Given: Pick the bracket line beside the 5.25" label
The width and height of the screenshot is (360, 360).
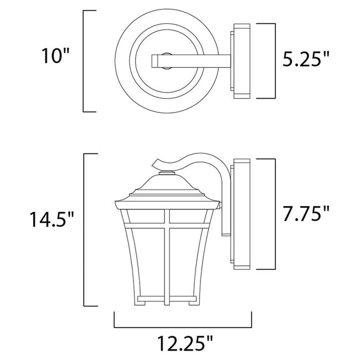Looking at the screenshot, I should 275,61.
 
